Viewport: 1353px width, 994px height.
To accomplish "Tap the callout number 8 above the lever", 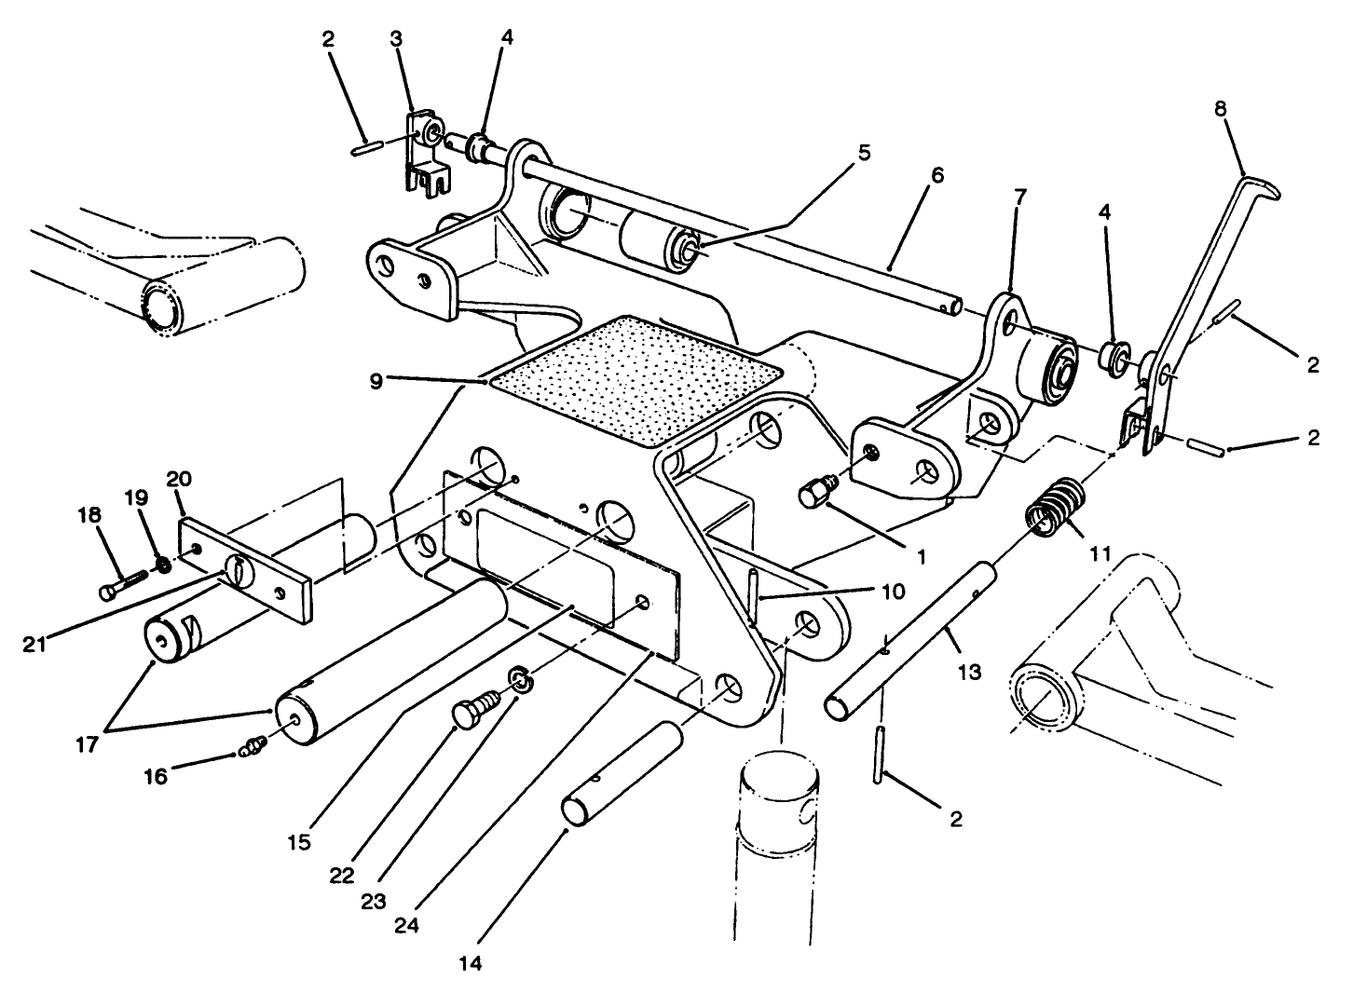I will [1221, 107].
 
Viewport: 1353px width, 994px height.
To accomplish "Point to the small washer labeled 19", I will [162, 565].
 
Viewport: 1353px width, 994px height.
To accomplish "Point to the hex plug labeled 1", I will [816, 492].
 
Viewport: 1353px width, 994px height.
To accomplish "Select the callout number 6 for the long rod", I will [936, 175].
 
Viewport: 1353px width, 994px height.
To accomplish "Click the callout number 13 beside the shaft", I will [969, 671].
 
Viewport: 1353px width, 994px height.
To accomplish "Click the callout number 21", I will [36, 644].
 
